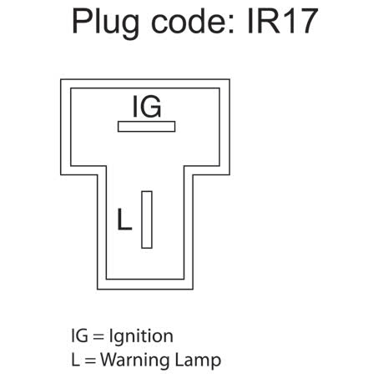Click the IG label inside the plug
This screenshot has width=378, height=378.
146,107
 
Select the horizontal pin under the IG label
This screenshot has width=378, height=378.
146,127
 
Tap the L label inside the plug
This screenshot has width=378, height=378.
123,220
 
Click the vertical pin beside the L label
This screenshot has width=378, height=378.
147,219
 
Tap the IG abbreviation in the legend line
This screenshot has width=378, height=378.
78,335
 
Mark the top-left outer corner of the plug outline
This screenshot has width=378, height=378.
61,80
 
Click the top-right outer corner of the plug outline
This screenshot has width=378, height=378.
230,80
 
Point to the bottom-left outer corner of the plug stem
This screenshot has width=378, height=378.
98,289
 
